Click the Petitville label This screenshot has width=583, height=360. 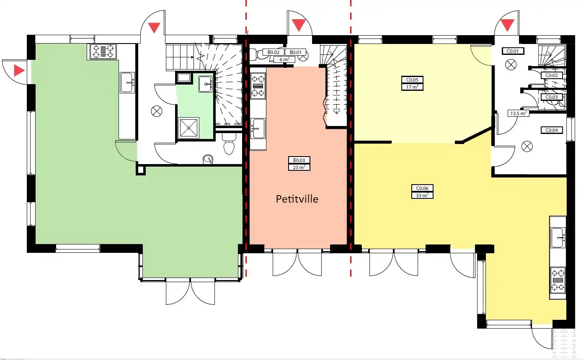[x=297, y=199]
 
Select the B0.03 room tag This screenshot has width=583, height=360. [x=299, y=160]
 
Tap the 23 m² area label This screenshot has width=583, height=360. [x=299, y=167]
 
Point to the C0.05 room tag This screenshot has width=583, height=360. [x=412, y=80]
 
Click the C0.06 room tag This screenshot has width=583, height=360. [x=422, y=188]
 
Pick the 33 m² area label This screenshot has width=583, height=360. [x=422, y=195]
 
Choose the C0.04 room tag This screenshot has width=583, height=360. [x=552, y=130]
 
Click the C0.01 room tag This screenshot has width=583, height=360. [x=513, y=51]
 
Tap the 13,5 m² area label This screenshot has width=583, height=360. [x=519, y=113]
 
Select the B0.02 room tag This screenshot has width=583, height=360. [x=273, y=52]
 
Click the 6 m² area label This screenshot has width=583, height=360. [x=284, y=59]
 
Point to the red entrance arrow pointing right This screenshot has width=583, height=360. [x=19, y=70]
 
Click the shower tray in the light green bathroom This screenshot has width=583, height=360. [x=188, y=128]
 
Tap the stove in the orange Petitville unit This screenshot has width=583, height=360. [x=258, y=86]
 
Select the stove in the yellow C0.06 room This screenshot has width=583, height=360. [x=557, y=280]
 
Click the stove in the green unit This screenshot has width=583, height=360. [x=103, y=51]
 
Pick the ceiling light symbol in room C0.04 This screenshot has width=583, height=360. [x=527, y=146]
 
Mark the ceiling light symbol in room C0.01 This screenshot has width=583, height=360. [x=511, y=65]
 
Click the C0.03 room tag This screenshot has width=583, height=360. [x=552, y=97]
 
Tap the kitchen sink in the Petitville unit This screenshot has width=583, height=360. [x=258, y=129]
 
